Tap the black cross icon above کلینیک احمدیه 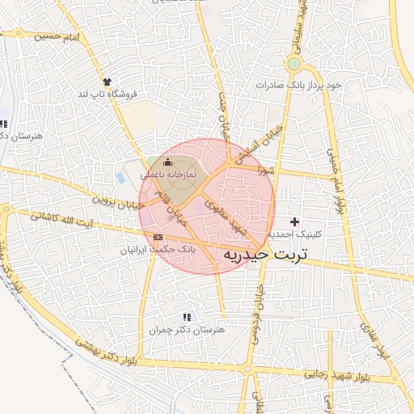[x=294, y=221]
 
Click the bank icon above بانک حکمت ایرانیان [x=157, y=237]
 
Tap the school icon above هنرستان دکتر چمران [x=187, y=317]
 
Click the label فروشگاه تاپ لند [x=108, y=94]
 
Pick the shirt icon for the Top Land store [x=106, y=81]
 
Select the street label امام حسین [x=61, y=36]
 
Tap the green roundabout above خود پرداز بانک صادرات [x=294, y=64]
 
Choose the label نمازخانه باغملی [x=167, y=174]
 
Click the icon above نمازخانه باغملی [x=167, y=163]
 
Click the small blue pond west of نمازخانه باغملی [x=121, y=176]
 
